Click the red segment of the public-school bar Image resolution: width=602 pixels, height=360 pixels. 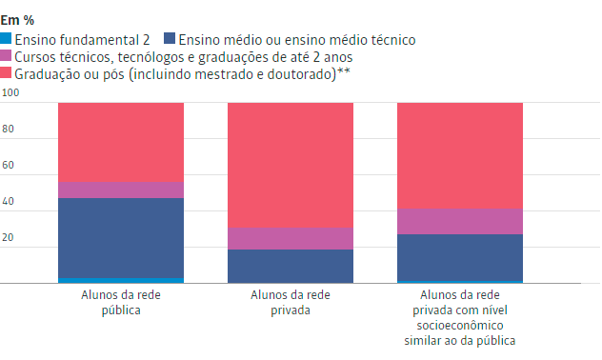pyautogui.click(x=120, y=141)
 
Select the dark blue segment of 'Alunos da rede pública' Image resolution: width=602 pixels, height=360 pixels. pyautogui.click(x=120, y=237)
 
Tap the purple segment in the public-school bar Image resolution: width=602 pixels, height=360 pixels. pyautogui.click(x=120, y=190)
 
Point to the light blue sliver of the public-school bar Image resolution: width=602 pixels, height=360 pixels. pyautogui.click(x=120, y=280)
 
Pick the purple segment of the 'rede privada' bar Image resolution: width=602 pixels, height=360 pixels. pyautogui.click(x=290, y=238)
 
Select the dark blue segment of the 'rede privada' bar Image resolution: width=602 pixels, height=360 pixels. pyautogui.click(x=290, y=266)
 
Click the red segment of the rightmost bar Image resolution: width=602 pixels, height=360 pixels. pyautogui.click(x=459, y=154)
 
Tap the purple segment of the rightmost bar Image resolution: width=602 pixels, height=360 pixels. pyautogui.click(x=459, y=221)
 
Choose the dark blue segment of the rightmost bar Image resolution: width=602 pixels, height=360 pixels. pyautogui.click(x=459, y=257)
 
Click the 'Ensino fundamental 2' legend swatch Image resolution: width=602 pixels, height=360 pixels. pyautogui.click(x=7, y=39)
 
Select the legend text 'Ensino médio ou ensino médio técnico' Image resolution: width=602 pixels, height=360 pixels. pyautogui.click(x=296, y=39)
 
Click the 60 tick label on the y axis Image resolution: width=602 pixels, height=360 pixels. pyautogui.click(x=8, y=166)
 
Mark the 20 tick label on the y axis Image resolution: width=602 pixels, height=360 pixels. pyautogui.click(x=8, y=238)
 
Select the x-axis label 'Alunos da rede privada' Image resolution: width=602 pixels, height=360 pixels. pyautogui.click(x=290, y=303)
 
